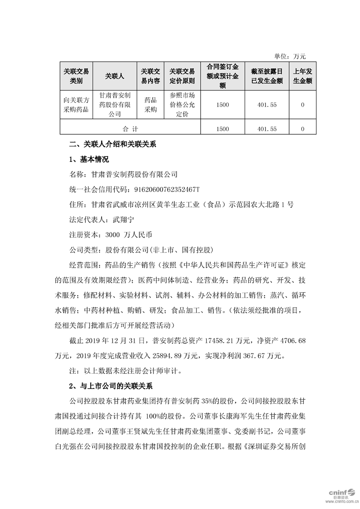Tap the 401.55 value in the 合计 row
266,129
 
